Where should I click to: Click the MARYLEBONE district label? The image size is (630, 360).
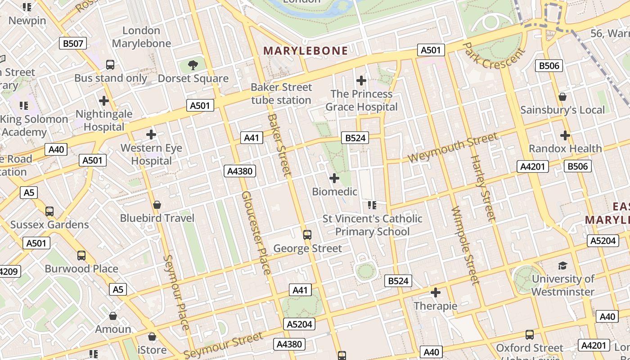(x=306, y=50)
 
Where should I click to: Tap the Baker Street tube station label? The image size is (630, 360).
(x=281, y=94)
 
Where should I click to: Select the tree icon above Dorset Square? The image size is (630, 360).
(x=193, y=65)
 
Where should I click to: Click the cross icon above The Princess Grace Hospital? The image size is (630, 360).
(x=361, y=81)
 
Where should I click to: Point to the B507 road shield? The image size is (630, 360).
(x=73, y=43)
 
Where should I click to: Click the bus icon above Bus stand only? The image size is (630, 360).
(x=110, y=65)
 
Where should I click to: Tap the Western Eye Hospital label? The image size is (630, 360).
(x=151, y=154)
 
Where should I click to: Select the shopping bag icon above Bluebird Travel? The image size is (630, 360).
(x=157, y=205)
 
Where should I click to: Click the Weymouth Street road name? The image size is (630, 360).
(x=453, y=147)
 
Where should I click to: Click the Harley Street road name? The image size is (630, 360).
(x=482, y=188)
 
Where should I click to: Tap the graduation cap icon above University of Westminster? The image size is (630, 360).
(x=562, y=265)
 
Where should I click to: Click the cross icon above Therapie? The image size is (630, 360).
(x=436, y=293)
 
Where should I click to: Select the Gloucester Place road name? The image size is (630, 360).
(x=256, y=233)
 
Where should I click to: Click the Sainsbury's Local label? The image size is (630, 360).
(x=562, y=110)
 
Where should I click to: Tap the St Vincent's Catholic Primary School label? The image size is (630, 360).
(x=373, y=225)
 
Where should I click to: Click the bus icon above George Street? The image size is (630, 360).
(x=307, y=235)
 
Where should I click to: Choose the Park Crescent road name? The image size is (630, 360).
(x=494, y=56)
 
